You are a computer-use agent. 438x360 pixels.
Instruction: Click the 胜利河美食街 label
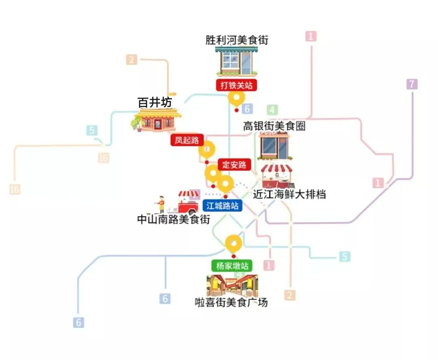pyautogui.click(x=237, y=40)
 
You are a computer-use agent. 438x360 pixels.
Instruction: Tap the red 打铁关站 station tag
pyautogui.click(x=236, y=85)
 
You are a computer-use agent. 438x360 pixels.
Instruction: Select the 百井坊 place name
pyautogui.click(x=155, y=103)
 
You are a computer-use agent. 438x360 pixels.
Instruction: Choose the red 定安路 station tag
pyautogui.click(x=234, y=164)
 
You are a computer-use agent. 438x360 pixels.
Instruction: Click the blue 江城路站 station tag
pyautogui.click(x=222, y=205)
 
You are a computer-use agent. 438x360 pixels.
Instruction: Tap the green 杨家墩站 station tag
pyautogui.click(x=232, y=266)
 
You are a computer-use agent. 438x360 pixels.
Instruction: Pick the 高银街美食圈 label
pyautogui.click(x=274, y=126)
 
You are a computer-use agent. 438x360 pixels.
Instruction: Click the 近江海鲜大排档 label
pyautogui.click(x=289, y=194)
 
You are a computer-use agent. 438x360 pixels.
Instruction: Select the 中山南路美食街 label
pyautogui.click(x=174, y=220)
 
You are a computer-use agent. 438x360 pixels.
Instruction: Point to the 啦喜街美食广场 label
pyautogui.click(x=231, y=302)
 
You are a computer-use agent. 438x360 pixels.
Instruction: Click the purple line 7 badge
pyautogui.click(x=412, y=84)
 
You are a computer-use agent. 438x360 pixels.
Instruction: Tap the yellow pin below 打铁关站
pyautogui.click(x=236, y=98)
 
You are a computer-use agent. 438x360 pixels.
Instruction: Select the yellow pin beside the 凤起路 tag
pyautogui.click(x=206, y=150)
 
